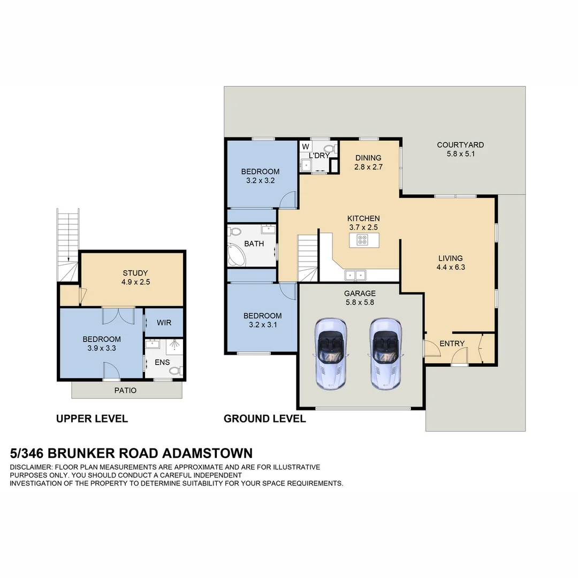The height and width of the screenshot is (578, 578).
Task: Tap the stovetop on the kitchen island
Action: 362,240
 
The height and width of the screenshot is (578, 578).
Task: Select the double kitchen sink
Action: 355,275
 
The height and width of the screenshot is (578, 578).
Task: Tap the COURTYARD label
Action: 460,145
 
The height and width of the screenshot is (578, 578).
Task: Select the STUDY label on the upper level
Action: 135,273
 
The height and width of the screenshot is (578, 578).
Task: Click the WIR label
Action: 164,323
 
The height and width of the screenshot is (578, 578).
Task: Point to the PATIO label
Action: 125,390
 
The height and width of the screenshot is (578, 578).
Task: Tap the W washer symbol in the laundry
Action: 306,147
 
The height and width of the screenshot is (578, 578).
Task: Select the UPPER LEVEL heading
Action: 92,419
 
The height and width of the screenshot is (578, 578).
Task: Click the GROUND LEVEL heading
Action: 264,419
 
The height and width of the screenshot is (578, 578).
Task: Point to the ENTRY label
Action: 452,344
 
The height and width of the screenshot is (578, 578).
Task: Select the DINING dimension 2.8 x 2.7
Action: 368,167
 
